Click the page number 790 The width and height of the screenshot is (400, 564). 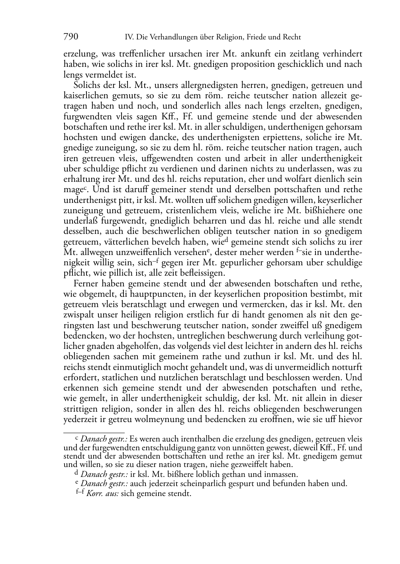click(71, 37)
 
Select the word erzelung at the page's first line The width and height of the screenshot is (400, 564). click(78, 54)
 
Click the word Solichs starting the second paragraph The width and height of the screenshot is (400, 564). click(86, 85)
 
